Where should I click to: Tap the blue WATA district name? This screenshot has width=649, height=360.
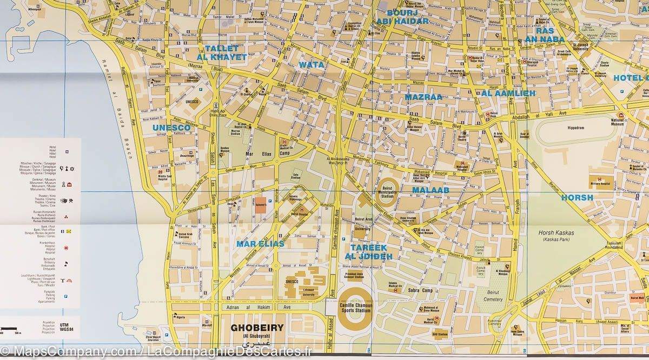312,65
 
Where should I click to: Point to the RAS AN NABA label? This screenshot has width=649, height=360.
545,35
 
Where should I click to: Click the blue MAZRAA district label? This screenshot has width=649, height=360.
424,97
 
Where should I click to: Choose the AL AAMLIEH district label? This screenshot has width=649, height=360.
505,93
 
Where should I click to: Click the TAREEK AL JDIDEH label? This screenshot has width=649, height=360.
368,251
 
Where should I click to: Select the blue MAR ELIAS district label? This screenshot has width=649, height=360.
260,244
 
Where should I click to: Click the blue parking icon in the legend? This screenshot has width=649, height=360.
65,296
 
